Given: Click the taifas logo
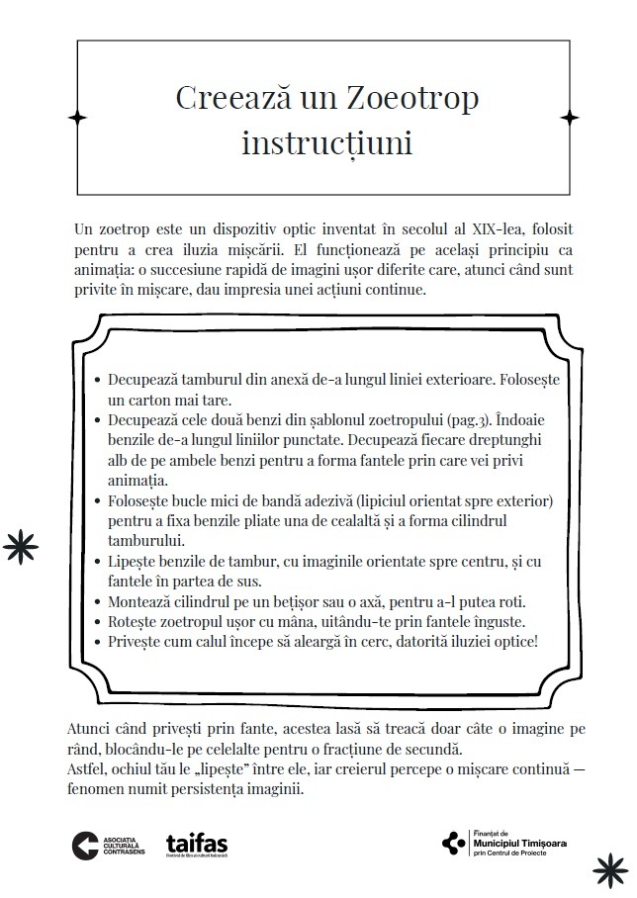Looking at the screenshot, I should click(197, 845).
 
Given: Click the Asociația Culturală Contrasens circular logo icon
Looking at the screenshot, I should click(85, 844).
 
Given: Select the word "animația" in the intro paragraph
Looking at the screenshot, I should click(101, 269).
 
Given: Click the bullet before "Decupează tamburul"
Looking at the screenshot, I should click(95, 380).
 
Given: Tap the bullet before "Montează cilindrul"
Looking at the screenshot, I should click(95, 601).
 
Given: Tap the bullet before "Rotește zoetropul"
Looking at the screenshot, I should click(95, 621).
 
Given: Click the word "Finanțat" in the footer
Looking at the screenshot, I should click(491, 832).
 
